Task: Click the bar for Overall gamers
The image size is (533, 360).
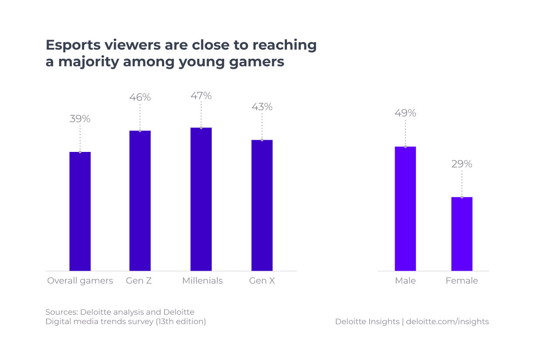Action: tap(80, 212)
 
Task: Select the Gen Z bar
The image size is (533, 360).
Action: tap(140, 201)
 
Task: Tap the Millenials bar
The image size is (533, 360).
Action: tap(201, 199)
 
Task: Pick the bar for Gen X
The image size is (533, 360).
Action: tap(262, 205)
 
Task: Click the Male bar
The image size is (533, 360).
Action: tap(405, 209)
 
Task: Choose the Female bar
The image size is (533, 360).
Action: tap(462, 234)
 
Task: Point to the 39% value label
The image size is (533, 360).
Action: tap(80, 119)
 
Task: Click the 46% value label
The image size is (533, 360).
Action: tap(140, 98)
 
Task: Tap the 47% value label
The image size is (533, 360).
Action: tap(201, 96)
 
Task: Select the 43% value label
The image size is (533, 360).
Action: tap(262, 107)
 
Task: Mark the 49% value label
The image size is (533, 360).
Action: tap(405, 113)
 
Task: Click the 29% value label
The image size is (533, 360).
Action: tap(462, 164)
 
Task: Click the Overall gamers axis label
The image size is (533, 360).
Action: tap(80, 281)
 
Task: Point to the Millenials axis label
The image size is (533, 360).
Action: tap(202, 281)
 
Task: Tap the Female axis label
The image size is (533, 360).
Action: tap(462, 281)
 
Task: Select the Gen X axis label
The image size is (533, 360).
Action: tap(262, 281)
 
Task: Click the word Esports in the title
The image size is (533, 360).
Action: tap(72, 45)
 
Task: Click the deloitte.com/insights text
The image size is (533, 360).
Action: tap(447, 322)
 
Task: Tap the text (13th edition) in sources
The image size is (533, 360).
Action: tap(181, 322)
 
